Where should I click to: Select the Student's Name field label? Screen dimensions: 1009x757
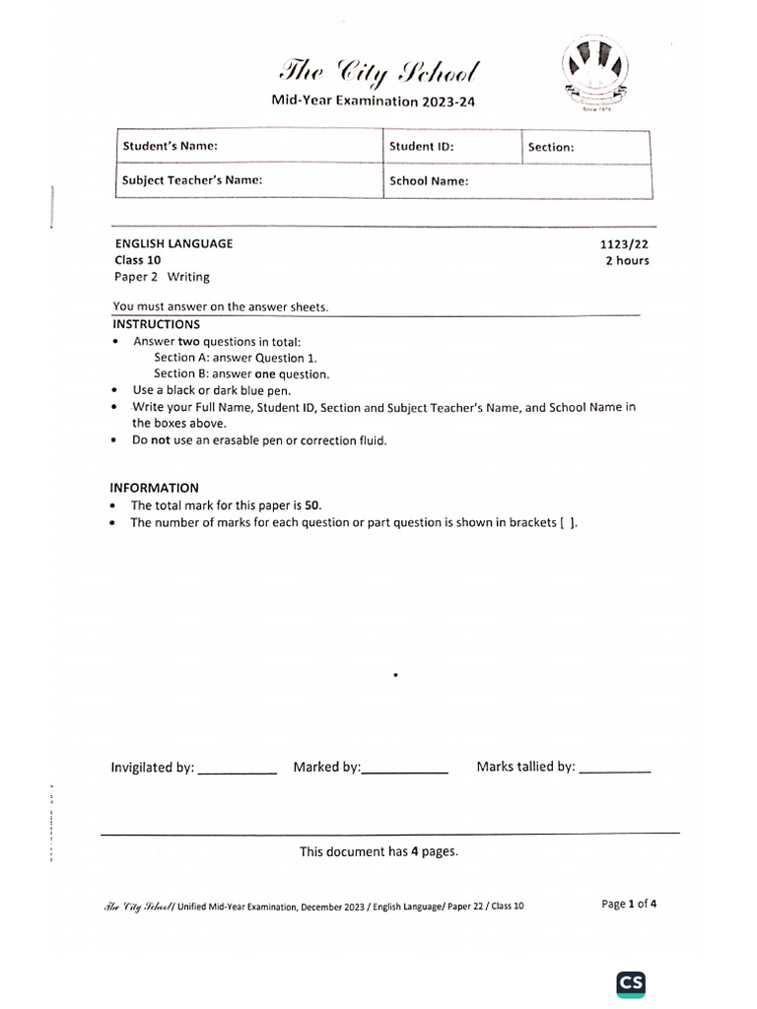[169, 146]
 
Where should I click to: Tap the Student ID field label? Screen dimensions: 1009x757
[421, 146]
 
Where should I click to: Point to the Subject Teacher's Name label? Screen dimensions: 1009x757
[192, 180]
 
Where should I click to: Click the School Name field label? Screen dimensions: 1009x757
[429, 181]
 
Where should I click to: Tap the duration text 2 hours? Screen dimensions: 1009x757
[627, 261]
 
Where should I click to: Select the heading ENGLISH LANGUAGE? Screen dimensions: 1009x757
[174, 243]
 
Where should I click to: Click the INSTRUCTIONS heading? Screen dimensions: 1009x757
[156, 324]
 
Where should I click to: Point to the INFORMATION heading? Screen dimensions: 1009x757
[155, 488]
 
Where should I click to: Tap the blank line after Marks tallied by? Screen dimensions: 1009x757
[615, 771]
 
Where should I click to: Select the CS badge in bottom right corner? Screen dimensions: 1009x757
[631, 983]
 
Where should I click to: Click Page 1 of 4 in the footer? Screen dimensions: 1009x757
[629, 904]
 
